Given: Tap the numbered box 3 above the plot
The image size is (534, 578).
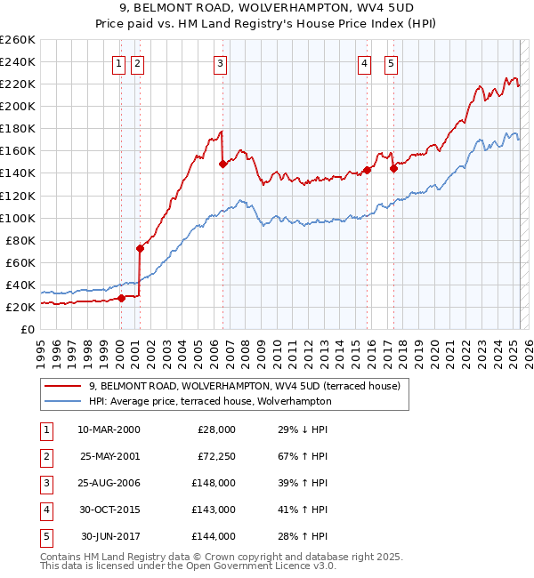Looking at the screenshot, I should pos(220,63).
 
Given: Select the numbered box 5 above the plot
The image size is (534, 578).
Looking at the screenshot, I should pos(392,63).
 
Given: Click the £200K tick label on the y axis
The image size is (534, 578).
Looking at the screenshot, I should pos(18,106).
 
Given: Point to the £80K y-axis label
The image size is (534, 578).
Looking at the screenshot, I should pos(20,240).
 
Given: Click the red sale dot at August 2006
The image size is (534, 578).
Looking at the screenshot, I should pos(222,164).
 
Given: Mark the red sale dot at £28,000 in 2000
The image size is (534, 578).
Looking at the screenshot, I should pos(122,298).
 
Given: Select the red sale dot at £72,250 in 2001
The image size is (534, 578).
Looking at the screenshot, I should pos(140,248).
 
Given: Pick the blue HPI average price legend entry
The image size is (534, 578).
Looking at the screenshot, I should pos(209,401).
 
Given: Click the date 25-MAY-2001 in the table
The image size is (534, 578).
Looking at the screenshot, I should pos(109,456).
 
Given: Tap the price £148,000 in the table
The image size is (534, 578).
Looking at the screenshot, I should pos(214,483).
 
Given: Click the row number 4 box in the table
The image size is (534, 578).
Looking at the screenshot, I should pos(45,510).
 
